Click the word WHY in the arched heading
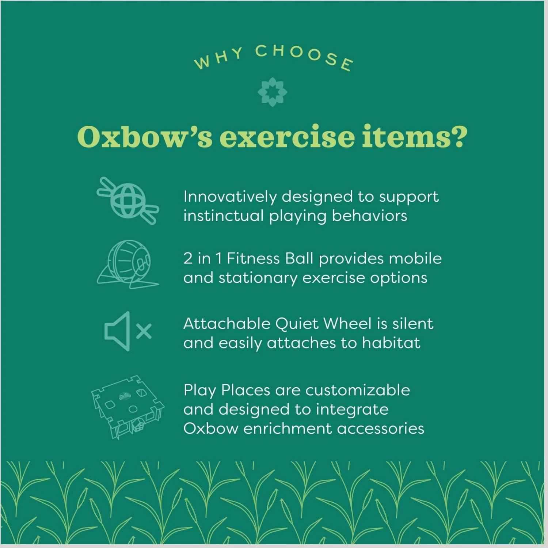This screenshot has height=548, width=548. coord(218,58)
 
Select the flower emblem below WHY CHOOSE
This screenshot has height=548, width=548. coord(272,92)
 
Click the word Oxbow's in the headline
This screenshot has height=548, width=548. coord(144,137)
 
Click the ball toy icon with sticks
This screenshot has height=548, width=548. coord(128,201)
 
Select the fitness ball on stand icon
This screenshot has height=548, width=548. coord(128,264)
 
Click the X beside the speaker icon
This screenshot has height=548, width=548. coord(144,331)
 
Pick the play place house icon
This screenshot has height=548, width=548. coord(128,407)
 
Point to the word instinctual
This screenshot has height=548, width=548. coord(223,216)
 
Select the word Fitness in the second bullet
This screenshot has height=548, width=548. coord(253,259)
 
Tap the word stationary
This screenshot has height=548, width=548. coord(258,278)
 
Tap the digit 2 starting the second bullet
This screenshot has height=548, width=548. coord(188,259)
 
